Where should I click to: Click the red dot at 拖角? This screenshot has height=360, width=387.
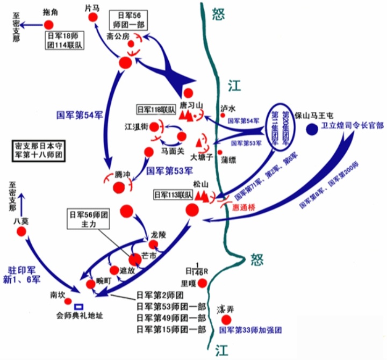[49, 25]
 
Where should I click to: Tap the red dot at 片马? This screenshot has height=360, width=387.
[94, 17]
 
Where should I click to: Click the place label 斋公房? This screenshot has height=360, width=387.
[118, 37]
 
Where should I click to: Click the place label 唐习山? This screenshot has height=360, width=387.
[190, 105]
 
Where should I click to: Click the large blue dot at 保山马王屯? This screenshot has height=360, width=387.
[312, 129]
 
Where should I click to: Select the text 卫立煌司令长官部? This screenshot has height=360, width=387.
[352, 126]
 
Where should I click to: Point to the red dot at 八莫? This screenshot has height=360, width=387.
[21, 231]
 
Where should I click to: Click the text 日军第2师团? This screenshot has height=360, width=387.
[160, 296]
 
